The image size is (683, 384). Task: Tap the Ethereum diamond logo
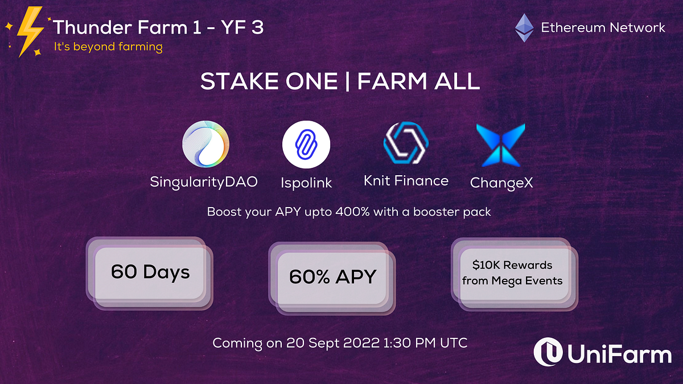click(524, 28)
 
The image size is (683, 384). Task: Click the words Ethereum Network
click(603, 27)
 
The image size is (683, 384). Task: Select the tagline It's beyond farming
click(108, 47)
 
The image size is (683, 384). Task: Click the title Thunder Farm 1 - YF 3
click(158, 27)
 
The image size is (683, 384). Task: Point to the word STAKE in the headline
click(237, 82)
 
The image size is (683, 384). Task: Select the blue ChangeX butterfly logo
click(501, 144)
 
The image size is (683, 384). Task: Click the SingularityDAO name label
click(204, 182)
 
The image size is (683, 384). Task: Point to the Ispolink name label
click(306, 183)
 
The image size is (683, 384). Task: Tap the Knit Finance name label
click(406, 181)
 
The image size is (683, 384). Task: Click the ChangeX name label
click(501, 183)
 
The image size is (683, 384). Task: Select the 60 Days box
click(150, 272)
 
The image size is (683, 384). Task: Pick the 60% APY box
click(333, 276)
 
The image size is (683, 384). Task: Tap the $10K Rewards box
click(512, 273)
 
